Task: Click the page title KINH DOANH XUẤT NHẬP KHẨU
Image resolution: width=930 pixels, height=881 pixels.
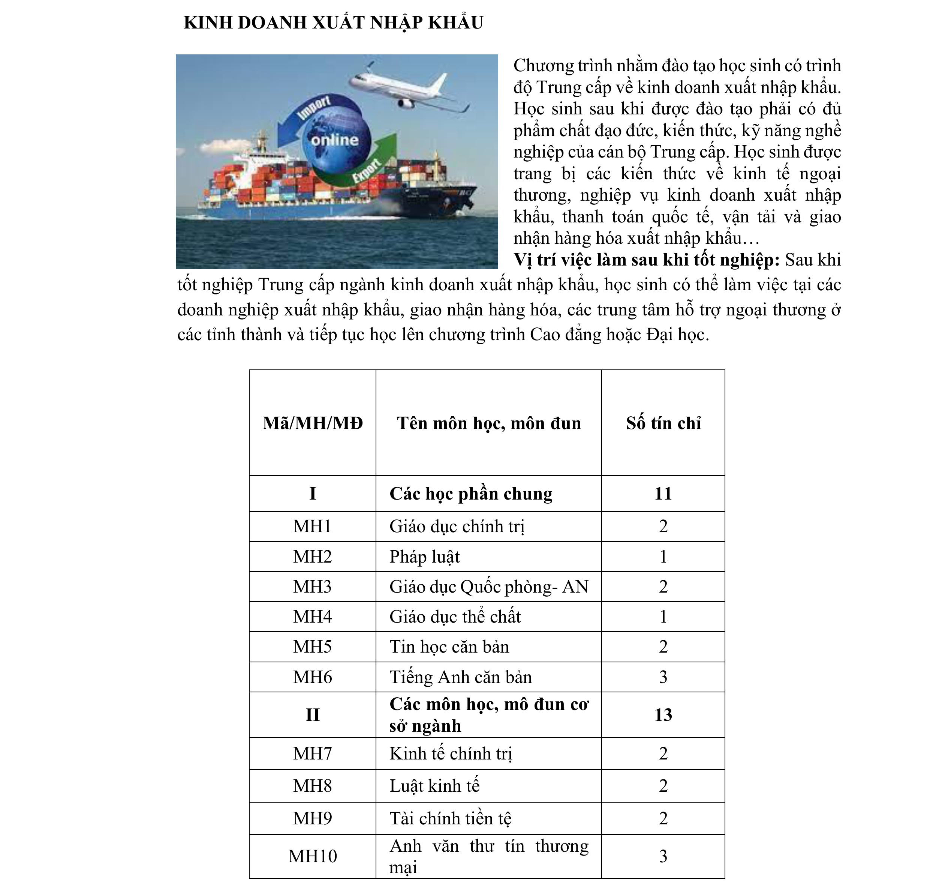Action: point(333,23)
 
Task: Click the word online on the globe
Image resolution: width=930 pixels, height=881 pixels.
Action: point(334,140)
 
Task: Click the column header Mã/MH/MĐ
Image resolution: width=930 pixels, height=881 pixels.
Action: point(313,423)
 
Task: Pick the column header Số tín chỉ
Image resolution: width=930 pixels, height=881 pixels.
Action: point(663,423)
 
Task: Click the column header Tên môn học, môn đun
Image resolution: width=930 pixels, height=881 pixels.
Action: point(489,423)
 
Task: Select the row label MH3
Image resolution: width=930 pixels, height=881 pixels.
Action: point(313,587)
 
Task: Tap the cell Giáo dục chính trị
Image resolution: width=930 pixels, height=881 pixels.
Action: point(457,527)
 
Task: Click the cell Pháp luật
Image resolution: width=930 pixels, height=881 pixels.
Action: point(424,557)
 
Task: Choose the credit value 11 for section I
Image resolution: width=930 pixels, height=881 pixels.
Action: point(663,494)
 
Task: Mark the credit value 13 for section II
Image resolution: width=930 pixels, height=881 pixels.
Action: point(663,715)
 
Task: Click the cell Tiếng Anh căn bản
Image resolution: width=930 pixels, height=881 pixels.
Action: point(461,677)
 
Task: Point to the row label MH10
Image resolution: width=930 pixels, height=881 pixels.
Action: point(313,856)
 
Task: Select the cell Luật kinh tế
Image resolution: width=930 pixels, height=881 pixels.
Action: point(434,786)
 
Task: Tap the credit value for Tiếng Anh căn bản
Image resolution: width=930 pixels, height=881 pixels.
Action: point(663,677)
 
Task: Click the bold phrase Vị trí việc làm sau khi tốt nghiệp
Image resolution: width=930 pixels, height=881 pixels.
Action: point(647,260)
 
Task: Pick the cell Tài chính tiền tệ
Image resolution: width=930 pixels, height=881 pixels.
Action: point(450,818)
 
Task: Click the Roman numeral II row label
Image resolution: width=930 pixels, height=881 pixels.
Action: point(313,715)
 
